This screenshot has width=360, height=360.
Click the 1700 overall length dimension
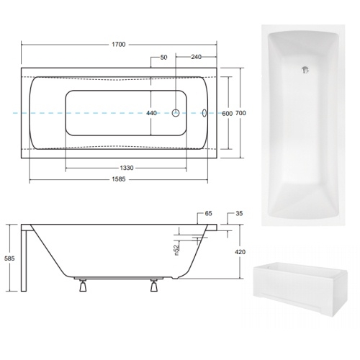point(119,45)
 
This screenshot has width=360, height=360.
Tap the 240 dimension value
point(196,57)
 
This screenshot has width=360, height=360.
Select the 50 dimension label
point(163,58)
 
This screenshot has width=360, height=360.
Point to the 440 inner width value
point(151,113)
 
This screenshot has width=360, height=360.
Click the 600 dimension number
point(228,113)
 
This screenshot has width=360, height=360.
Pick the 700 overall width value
point(240,113)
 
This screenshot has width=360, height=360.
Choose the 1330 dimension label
point(127,168)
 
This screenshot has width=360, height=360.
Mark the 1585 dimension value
point(119,179)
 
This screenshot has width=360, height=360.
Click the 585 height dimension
point(9,258)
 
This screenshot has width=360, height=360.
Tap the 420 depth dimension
point(240,252)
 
